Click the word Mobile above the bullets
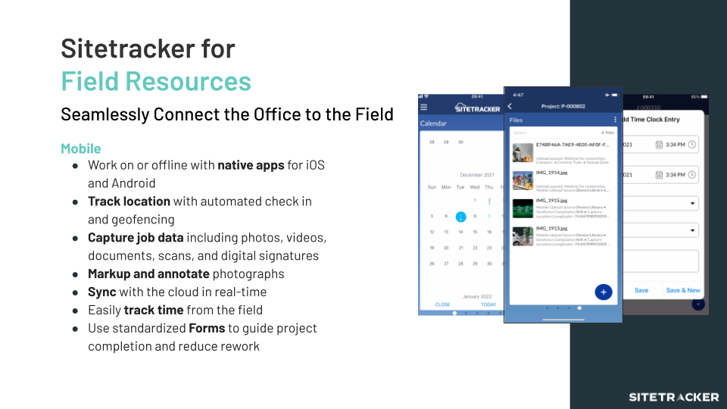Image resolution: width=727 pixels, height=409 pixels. pyautogui.click(x=81, y=148)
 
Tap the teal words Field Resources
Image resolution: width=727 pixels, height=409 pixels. pyautogui.click(x=156, y=81)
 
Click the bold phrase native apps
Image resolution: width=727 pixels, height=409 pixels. pyautogui.click(x=251, y=164)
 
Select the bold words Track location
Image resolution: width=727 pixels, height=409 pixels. pyautogui.click(x=129, y=201)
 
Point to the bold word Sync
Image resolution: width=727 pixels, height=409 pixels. pyautogui.click(x=102, y=292)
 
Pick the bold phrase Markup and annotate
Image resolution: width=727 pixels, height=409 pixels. pyautogui.click(x=148, y=273)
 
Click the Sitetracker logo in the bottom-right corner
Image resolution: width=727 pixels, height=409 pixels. pyautogui.click(x=674, y=397)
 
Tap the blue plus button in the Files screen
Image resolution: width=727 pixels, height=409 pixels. pyautogui.click(x=604, y=292)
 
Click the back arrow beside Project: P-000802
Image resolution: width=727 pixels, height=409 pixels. pyautogui.click(x=510, y=107)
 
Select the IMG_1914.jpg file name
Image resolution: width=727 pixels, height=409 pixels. pyautogui.click(x=552, y=173)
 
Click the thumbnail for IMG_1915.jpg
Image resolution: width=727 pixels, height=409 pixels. pyautogui.click(x=523, y=208)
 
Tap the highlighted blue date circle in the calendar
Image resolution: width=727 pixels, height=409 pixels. pyautogui.click(x=460, y=217)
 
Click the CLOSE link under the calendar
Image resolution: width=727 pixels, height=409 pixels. pyautogui.click(x=442, y=304)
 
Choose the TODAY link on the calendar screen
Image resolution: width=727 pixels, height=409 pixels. pyautogui.click(x=488, y=304)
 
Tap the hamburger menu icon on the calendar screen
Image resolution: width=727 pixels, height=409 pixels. pyautogui.click(x=424, y=108)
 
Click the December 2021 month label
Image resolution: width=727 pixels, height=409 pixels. pyautogui.click(x=476, y=175)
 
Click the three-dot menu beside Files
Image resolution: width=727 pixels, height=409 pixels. pyautogui.click(x=615, y=120)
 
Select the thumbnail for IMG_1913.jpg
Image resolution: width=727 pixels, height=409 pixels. pyautogui.click(x=523, y=236)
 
